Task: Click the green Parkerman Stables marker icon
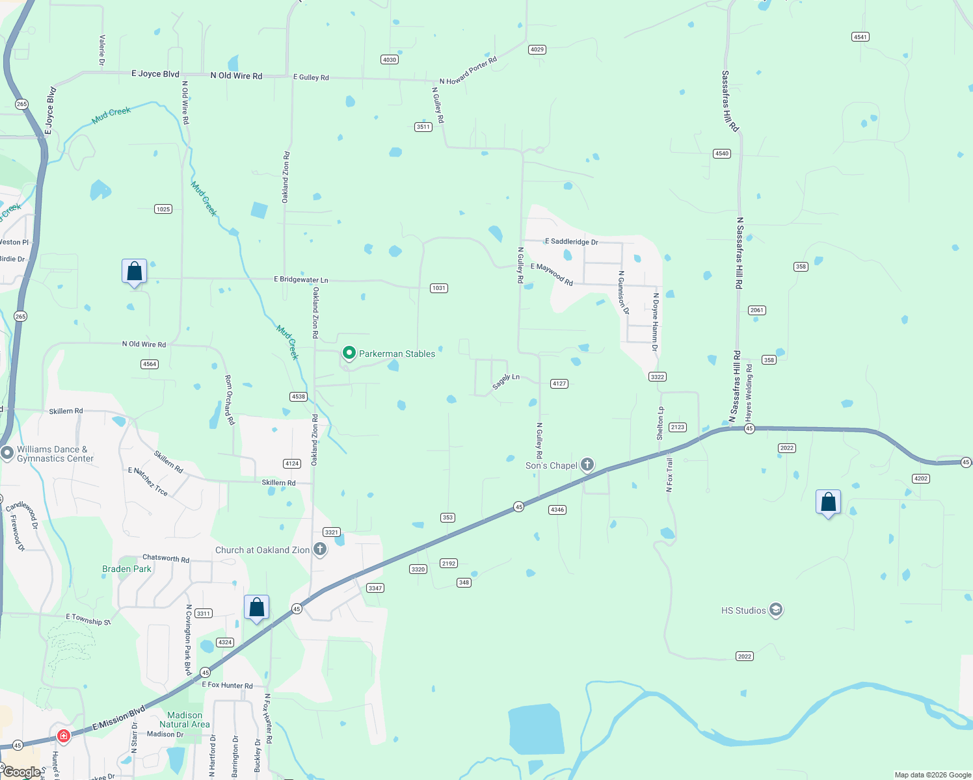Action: click(x=349, y=353)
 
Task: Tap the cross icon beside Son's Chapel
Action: click(x=587, y=464)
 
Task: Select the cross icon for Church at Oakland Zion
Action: click(x=320, y=549)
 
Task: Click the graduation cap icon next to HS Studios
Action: click(x=775, y=610)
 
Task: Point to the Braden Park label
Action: click(x=127, y=569)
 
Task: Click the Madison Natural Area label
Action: click(x=185, y=720)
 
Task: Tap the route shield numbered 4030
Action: click(x=390, y=60)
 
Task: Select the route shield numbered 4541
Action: click(x=860, y=37)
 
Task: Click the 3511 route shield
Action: click(x=423, y=127)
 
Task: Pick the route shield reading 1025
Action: click(x=163, y=209)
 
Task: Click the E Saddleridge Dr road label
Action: click(x=571, y=242)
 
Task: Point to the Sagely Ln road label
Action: click(x=506, y=382)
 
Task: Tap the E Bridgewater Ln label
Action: click(x=301, y=279)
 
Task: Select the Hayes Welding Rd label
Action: click(x=749, y=391)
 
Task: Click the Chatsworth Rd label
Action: click(x=166, y=558)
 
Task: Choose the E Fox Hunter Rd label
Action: click(x=227, y=685)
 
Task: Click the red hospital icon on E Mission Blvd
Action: click(x=64, y=736)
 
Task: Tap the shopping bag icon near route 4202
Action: click(x=828, y=503)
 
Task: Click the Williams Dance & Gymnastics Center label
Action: click(x=55, y=454)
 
